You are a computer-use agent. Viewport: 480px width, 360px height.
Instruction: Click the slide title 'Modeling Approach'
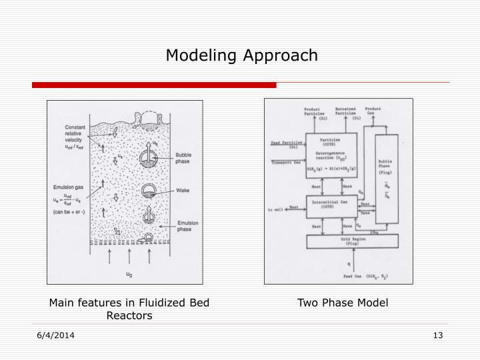coord(242,55)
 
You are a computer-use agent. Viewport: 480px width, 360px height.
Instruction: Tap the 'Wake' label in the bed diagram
coord(183,191)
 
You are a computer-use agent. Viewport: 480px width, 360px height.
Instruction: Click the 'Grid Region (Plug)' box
coord(349,241)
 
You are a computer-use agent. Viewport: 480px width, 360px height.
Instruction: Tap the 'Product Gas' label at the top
coord(373,112)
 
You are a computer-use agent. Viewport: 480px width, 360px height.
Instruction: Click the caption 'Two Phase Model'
coord(343,303)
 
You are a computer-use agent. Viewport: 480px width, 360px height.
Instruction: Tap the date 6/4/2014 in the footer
coord(55,335)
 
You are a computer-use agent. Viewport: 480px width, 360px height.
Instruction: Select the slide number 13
coord(437,335)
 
